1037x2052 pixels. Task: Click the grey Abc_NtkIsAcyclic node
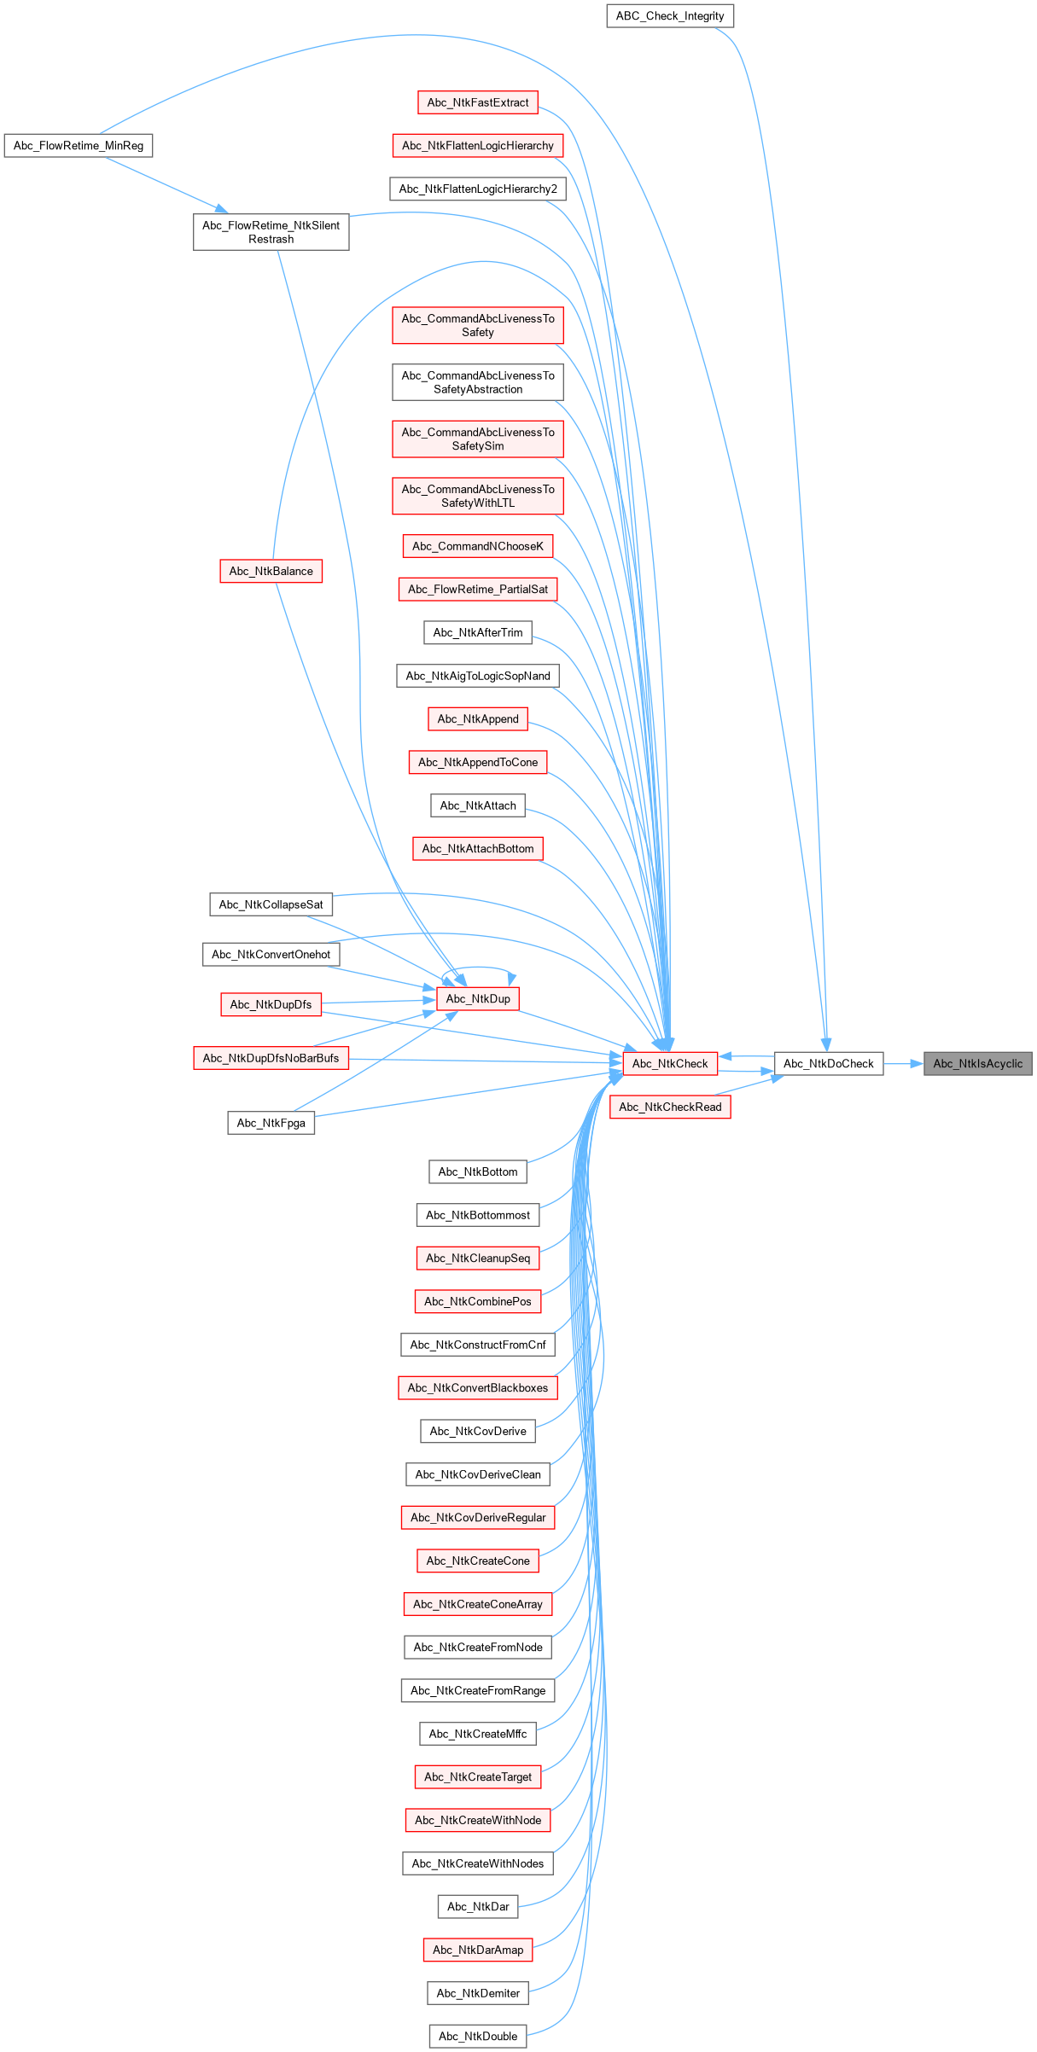coord(977,1063)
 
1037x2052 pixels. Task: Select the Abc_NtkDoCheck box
coord(828,1063)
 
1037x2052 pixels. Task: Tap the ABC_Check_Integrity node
coord(670,15)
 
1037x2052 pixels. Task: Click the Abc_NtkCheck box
coord(670,1063)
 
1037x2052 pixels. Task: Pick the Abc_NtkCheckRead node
coord(670,1107)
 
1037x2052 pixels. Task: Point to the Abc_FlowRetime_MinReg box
coord(79,146)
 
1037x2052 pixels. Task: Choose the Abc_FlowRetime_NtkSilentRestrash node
coord(271,232)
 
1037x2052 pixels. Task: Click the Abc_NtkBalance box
coord(271,571)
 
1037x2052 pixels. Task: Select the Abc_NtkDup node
coord(478,998)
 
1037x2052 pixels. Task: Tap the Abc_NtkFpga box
coord(271,1123)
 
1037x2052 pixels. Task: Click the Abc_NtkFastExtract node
coord(478,102)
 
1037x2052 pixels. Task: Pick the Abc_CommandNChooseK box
coord(478,546)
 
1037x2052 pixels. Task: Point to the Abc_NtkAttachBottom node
coord(478,848)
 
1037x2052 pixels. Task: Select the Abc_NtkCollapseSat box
coord(271,904)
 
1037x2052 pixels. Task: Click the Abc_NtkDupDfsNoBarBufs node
coord(271,1058)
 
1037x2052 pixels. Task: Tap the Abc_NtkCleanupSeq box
coord(478,1258)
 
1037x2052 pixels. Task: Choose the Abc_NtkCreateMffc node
coord(478,1734)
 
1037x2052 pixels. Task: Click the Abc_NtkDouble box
coord(478,2036)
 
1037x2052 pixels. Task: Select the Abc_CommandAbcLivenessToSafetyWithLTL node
coord(478,496)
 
